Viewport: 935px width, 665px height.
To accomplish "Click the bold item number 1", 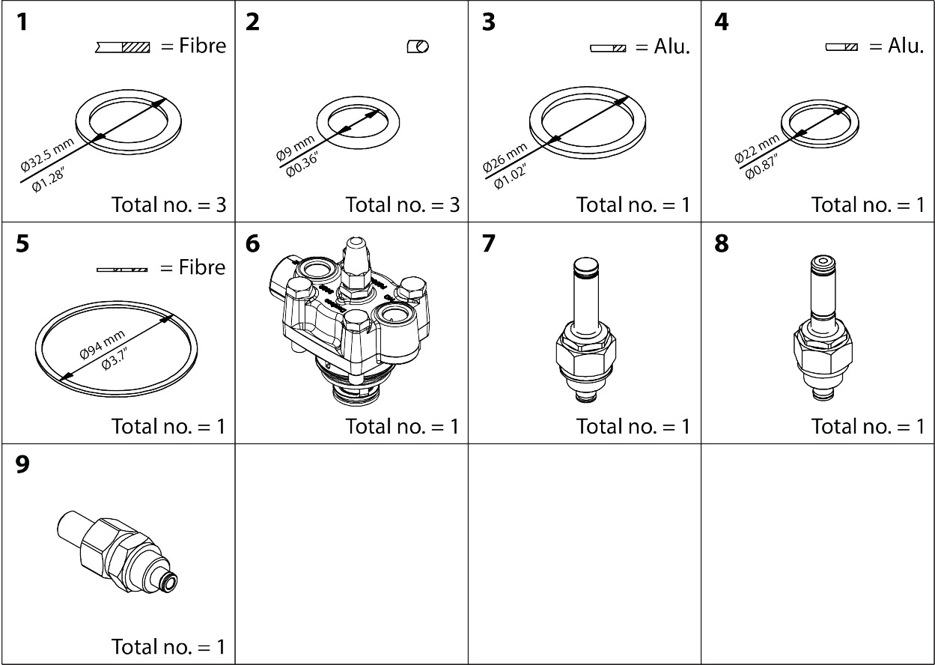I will tap(22, 22).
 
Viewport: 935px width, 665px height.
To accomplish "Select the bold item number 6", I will tap(253, 244).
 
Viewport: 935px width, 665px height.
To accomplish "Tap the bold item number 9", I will tap(22, 465).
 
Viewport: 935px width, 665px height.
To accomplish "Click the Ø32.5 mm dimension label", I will tap(48, 156).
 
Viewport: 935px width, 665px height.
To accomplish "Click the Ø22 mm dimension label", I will tap(757, 146).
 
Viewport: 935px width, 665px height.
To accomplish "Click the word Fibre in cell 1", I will tap(202, 46).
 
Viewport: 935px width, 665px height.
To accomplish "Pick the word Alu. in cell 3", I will tap(671, 46).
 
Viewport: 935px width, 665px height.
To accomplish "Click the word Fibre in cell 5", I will tap(202, 267).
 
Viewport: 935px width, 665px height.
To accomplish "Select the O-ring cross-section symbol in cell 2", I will tap(418, 46).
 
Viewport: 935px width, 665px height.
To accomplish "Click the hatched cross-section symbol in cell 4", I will tap(841, 46).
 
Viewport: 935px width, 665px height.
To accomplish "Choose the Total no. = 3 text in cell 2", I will tap(402, 204).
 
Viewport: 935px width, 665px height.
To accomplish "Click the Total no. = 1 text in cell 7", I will tap(633, 426).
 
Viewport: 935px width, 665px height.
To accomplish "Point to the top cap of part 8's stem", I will tap(822, 263).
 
